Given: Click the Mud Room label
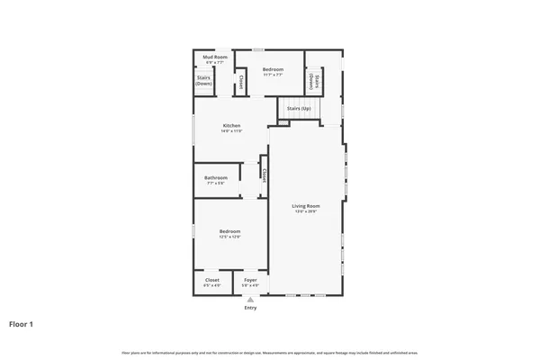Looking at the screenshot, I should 214,57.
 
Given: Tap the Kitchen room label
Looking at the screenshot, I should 231,126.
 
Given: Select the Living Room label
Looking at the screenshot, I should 306,206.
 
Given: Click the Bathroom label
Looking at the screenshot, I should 216,177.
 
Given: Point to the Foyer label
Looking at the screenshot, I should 250,280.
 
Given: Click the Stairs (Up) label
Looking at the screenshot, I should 299,109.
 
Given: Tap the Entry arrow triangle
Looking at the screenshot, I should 250,300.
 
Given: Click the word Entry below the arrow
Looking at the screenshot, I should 250,309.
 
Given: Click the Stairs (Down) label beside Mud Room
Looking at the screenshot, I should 203,80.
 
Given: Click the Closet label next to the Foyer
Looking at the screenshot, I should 212,280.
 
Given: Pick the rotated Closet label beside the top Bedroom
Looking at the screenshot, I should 240,81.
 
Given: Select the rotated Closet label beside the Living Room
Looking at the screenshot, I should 264,175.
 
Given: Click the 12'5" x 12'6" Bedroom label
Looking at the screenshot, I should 230,237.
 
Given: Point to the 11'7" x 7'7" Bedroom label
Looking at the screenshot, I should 273,74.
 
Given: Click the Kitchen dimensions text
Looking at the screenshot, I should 231,131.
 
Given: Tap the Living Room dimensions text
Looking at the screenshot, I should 306,211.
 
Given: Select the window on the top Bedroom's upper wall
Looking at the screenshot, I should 258,49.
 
